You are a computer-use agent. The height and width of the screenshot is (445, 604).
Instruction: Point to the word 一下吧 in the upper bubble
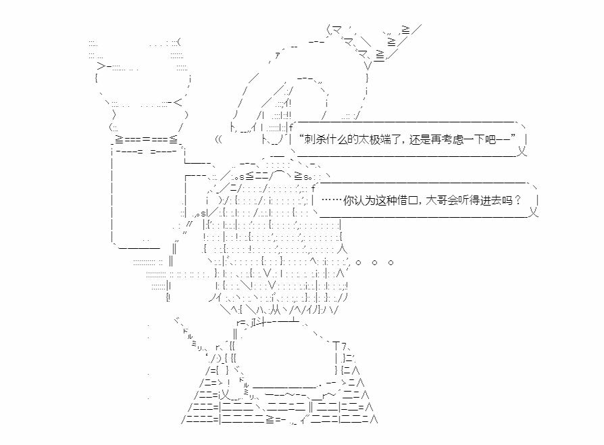point(480,139)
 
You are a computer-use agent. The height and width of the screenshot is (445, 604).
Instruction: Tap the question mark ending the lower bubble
point(518,200)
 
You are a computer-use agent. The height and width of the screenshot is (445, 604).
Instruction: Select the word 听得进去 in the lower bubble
point(480,200)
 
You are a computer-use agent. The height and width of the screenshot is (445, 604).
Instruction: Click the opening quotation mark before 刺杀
point(301,136)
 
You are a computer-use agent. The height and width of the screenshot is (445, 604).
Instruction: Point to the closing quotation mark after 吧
point(513,136)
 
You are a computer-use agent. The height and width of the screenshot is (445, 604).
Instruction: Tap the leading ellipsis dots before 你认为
point(332,200)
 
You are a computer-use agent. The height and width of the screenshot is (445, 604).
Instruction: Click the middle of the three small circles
point(374,262)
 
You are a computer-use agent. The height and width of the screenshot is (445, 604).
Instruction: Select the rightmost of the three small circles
point(391,262)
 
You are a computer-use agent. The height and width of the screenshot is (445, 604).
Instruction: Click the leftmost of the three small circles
point(358,262)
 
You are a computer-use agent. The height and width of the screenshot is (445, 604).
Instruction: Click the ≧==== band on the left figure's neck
point(146,139)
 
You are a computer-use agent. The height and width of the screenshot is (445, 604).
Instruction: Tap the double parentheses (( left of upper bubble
point(218,139)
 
